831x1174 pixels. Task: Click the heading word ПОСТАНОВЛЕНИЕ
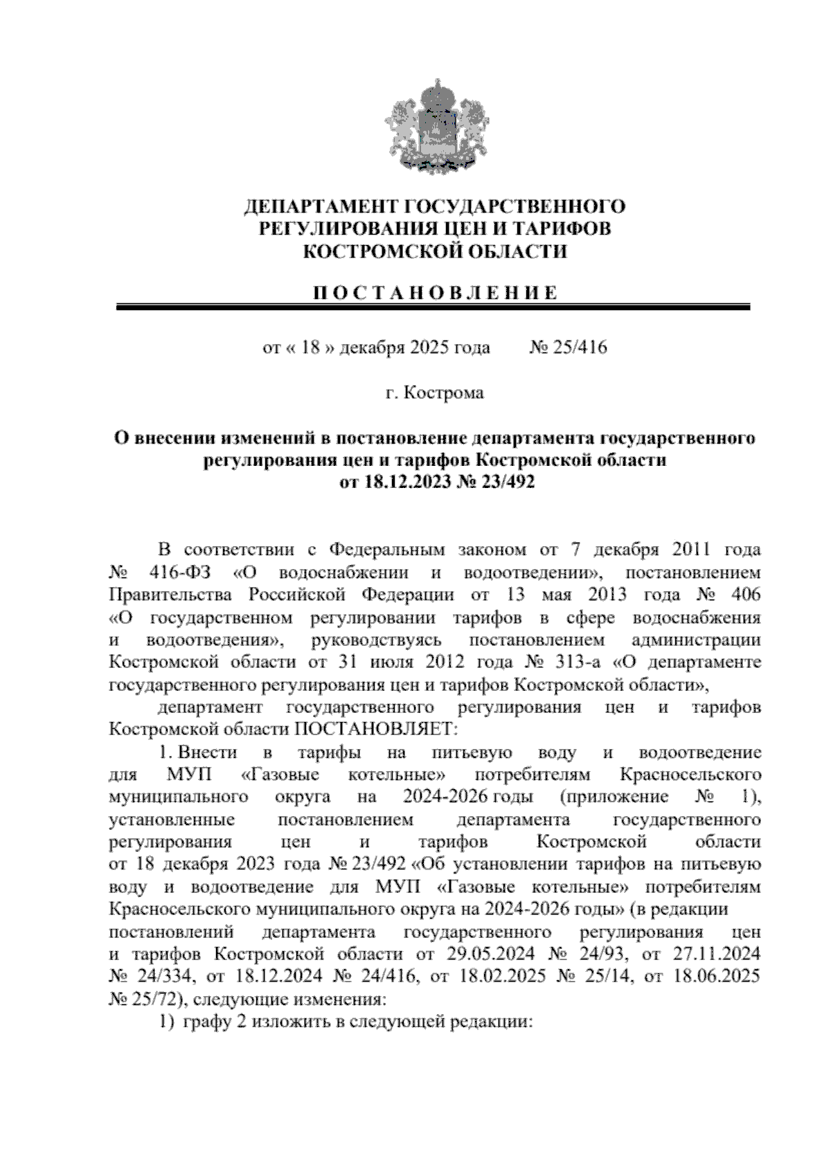[x=435, y=293]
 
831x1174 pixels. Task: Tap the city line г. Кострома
[x=435, y=393]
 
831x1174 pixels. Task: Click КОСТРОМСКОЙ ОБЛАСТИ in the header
[x=435, y=252]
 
